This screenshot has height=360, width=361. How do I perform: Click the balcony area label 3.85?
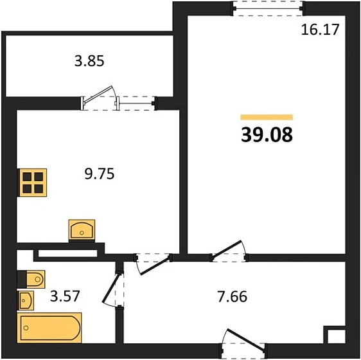(x=89, y=62)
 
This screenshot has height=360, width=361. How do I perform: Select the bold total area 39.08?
(x=266, y=136)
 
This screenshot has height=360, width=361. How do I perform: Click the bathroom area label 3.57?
(x=64, y=297)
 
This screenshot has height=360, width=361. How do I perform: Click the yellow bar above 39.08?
(x=266, y=117)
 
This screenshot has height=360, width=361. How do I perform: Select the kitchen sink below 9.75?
(x=82, y=230)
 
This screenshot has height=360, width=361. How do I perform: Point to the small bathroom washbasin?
(x=26, y=300)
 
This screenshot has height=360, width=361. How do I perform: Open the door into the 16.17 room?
(x=229, y=253)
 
